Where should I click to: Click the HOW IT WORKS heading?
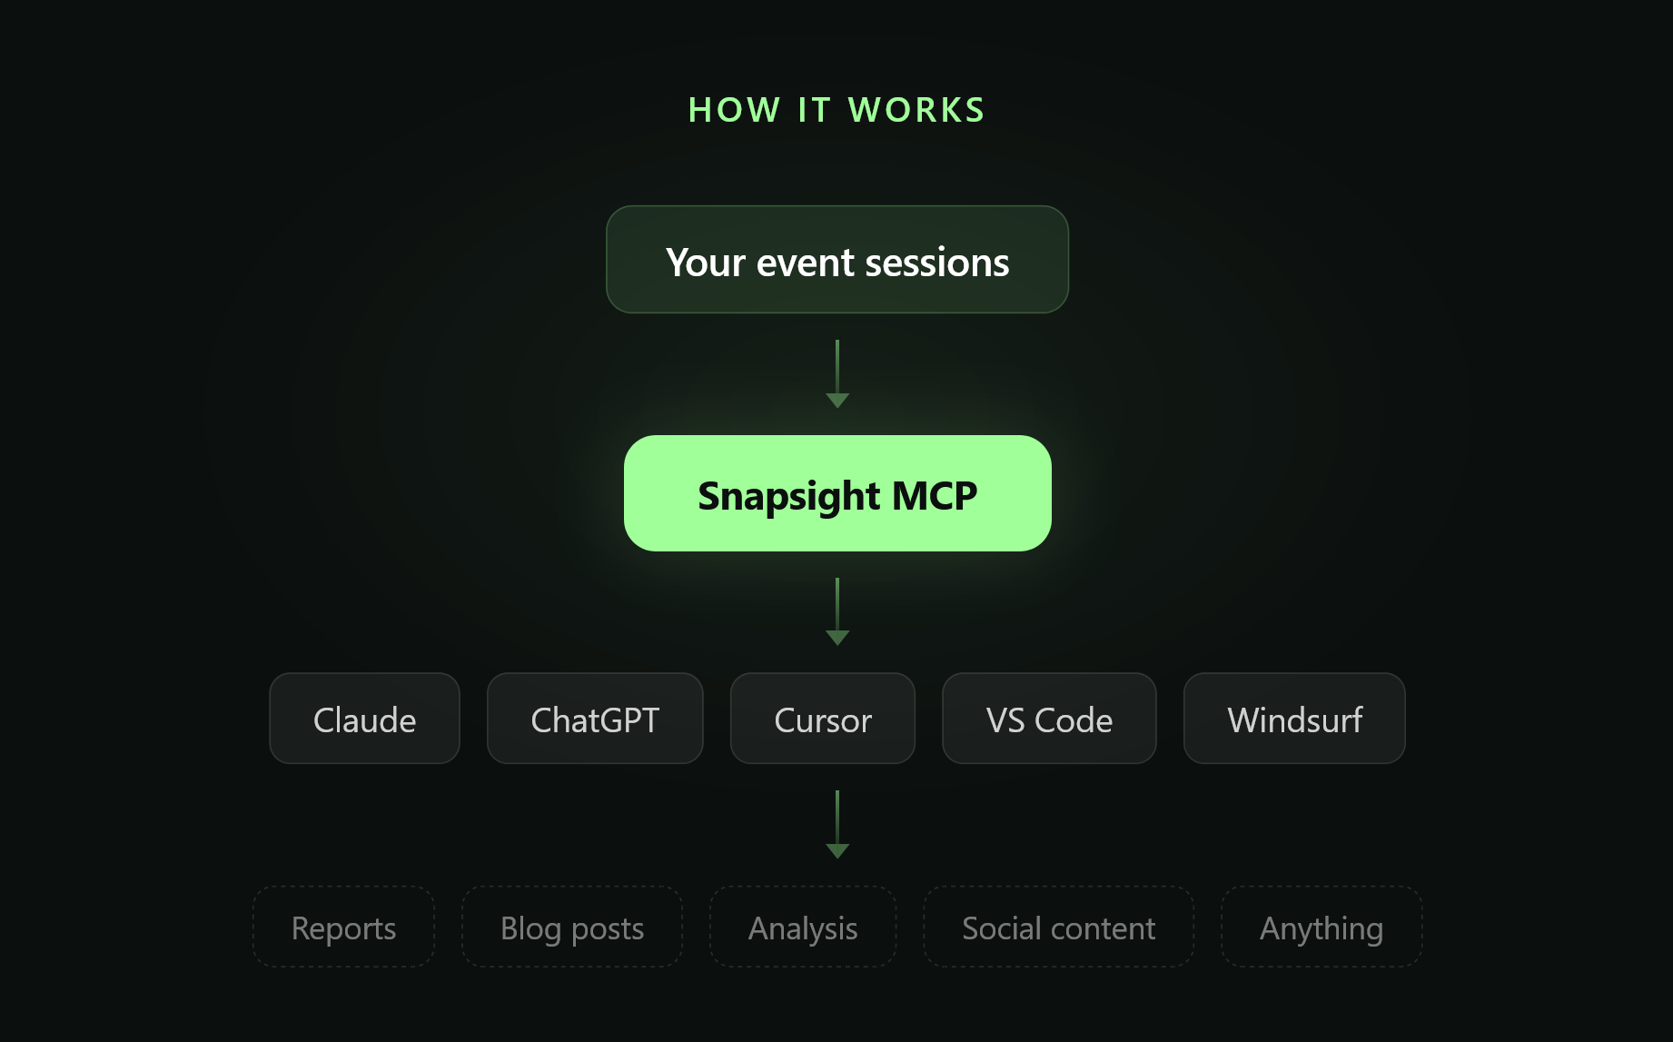click(x=836, y=110)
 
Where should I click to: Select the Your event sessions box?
click(x=836, y=260)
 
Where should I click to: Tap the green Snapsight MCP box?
click(x=836, y=493)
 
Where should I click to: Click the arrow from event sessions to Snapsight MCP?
click(x=836, y=373)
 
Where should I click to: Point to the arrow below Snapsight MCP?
click(x=836, y=611)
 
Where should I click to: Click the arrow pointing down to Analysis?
click(x=836, y=824)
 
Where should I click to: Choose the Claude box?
click(x=364, y=719)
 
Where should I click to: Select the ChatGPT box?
click(x=595, y=719)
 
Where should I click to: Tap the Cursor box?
click(x=822, y=719)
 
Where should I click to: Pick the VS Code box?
click(x=1049, y=719)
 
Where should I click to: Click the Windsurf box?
click(x=1294, y=719)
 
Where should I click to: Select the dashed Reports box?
click(x=343, y=928)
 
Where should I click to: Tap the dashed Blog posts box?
click(x=572, y=928)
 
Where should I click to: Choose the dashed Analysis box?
click(x=803, y=928)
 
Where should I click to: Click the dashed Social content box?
click(x=1058, y=928)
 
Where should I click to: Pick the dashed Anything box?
click(x=1322, y=928)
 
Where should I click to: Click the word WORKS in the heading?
click(x=916, y=110)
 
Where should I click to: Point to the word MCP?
click(x=935, y=496)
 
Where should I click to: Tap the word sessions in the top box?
click(x=936, y=263)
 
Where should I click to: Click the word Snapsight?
click(x=788, y=496)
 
